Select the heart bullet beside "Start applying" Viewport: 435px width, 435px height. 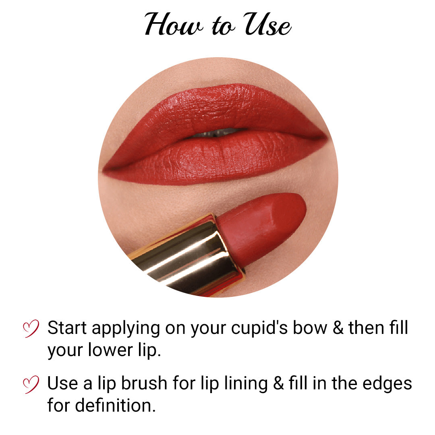pyautogui.click(x=31, y=328)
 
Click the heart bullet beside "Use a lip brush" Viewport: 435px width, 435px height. pyautogui.click(x=31, y=384)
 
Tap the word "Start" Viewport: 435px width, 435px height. pyautogui.click(x=67, y=328)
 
